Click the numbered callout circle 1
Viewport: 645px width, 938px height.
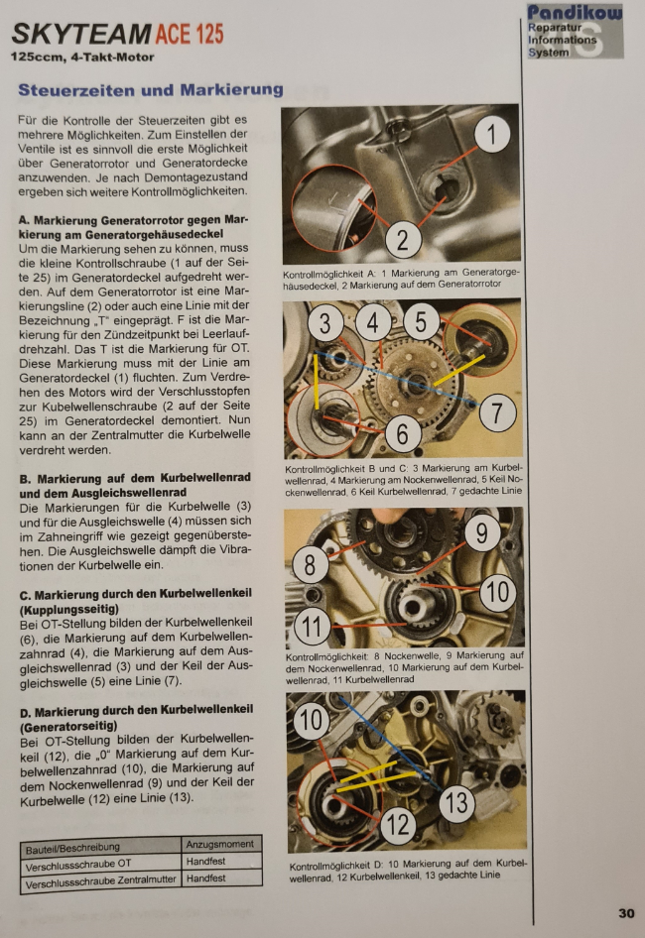coord(491,135)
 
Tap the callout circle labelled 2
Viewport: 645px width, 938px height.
coord(403,239)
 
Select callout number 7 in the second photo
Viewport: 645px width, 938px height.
coord(496,412)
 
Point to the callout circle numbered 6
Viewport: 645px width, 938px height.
coord(402,433)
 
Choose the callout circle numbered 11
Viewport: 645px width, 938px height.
coord(312,627)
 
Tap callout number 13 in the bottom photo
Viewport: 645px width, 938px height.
coord(456,802)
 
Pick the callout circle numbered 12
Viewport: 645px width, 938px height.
coord(398,825)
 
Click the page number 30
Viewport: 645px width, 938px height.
coord(626,913)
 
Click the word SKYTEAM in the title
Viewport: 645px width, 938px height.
coord(80,35)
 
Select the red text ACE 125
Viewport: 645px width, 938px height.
coord(190,34)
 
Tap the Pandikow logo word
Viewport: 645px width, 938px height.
coord(575,13)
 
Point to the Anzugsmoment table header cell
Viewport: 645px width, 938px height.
coord(221,844)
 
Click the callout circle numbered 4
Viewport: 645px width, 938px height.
coord(372,323)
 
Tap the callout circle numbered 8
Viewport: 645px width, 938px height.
coord(310,564)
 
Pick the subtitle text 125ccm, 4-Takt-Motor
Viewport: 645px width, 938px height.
coord(82,58)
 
